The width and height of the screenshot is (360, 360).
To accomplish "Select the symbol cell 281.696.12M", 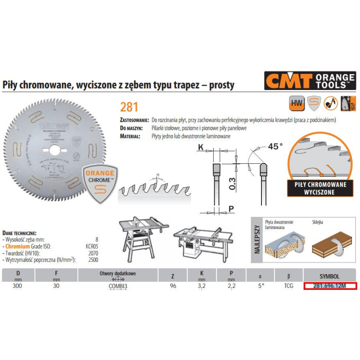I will point(329,286).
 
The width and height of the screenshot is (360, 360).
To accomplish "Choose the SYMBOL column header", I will point(329,275).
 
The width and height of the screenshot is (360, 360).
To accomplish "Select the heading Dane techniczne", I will point(19,233).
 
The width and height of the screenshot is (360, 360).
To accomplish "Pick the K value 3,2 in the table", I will point(201,286).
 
